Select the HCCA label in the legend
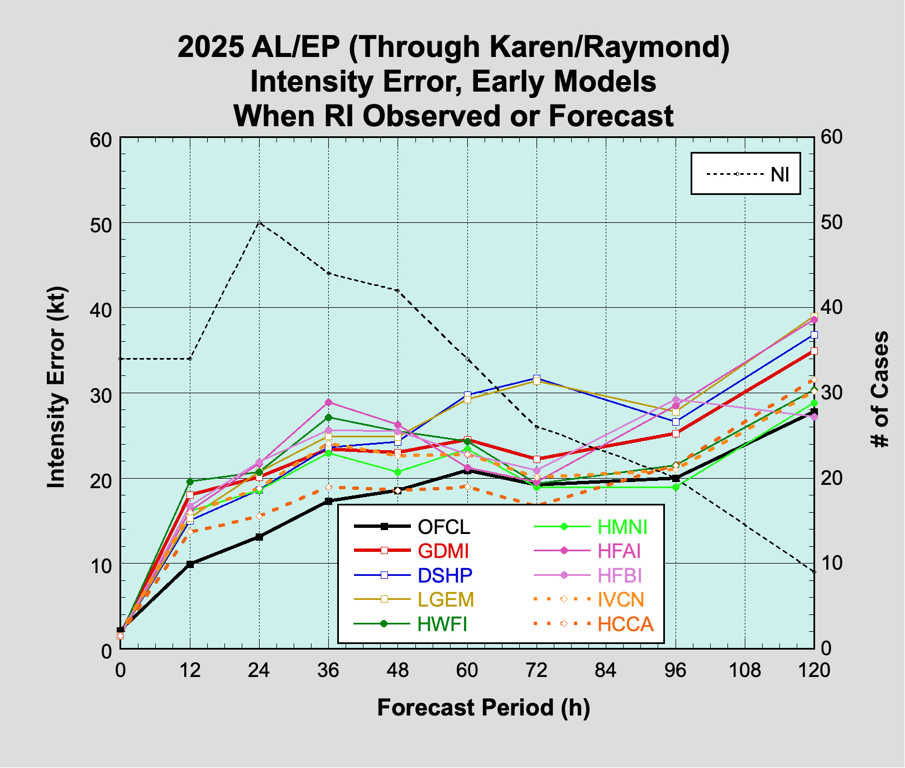click(x=625, y=624)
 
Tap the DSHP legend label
click(x=445, y=575)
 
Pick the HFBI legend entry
click(x=619, y=575)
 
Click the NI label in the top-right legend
click(x=779, y=174)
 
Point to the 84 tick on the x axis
click(x=606, y=670)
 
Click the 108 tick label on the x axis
click(x=745, y=670)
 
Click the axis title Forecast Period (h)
click(x=483, y=708)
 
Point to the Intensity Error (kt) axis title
click(x=56, y=388)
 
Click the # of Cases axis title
click(x=880, y=389)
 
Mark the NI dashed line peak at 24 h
click(x=260, y=222)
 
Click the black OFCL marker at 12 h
click(x=190, y=564)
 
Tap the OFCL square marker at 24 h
click(x=259, y=537)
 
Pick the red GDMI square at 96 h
click(x=676, y=433)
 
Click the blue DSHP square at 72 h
click(x=537, y=379)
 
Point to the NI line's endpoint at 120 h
click(x=813, y=572)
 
